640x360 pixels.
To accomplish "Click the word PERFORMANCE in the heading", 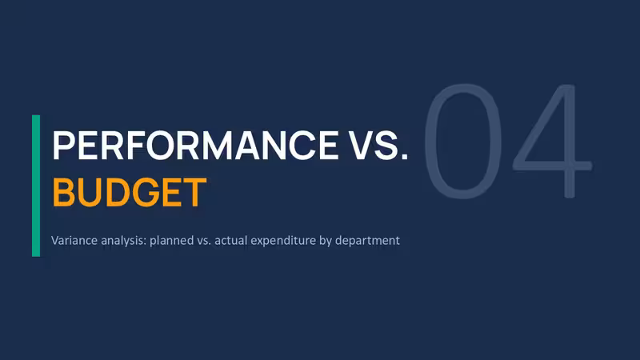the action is coord(195,145).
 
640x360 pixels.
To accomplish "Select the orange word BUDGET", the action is coord(130,192).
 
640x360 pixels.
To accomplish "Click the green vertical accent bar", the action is coord(36,186).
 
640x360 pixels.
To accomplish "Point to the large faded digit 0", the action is coord(463,142).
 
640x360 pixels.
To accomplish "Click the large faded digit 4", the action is coord(553,142).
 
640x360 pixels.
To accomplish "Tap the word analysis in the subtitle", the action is coord(124,241).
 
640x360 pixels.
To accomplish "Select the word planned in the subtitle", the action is coord(171,241).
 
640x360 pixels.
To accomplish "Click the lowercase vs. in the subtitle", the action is coord(204,241).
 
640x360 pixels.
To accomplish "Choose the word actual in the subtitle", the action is coord(231,241).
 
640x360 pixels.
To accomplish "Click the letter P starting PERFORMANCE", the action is coord(62,145).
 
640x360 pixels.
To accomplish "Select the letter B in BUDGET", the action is coord(62,192).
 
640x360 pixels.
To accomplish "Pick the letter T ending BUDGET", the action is coord(196,192).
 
